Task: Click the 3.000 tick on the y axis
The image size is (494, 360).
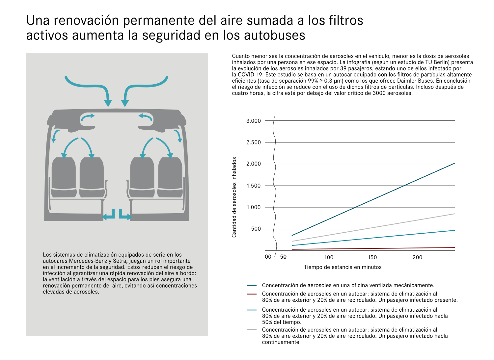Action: [x=253, y=121]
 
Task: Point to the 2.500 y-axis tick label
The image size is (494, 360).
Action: [x=253, y=142]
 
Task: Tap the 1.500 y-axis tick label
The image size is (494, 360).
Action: [x=253, y=186]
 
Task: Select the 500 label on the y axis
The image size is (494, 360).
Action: [x=256, y=229]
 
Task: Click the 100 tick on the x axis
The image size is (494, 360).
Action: [x=329, y=257]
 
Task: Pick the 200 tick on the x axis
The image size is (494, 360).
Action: [x=417, y=257]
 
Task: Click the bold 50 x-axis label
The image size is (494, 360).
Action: [x=283, y=257]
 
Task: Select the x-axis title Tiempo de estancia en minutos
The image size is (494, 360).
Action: [x=343, y=267]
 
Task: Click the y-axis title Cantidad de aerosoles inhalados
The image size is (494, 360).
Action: [x=234, y=197]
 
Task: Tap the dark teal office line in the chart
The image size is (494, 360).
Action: [x=373, y=200]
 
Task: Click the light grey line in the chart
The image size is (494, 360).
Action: [x=373, y=228]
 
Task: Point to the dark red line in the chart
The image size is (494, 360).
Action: [x=373, y=248]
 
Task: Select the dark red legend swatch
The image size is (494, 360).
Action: [x=252, y=294]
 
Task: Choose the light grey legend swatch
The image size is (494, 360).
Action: [x=252, y=330]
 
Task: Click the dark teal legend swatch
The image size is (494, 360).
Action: [x=252, y=285]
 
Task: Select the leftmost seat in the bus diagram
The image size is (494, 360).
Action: [x=64, y=177]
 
